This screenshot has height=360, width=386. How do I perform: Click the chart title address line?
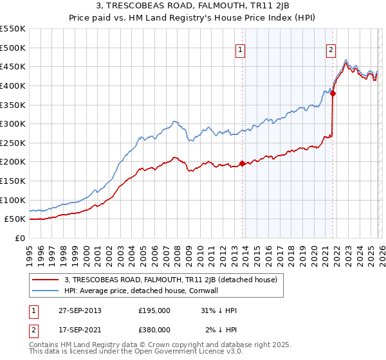point(193,7)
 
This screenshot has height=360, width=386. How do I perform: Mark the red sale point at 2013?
point(243,163)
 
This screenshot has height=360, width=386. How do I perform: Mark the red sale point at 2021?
point(333,93)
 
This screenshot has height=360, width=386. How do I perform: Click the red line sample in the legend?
point(46,280)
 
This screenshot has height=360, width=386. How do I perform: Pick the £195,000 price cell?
point(154,310)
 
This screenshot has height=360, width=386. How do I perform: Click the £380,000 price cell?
point(154,330)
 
